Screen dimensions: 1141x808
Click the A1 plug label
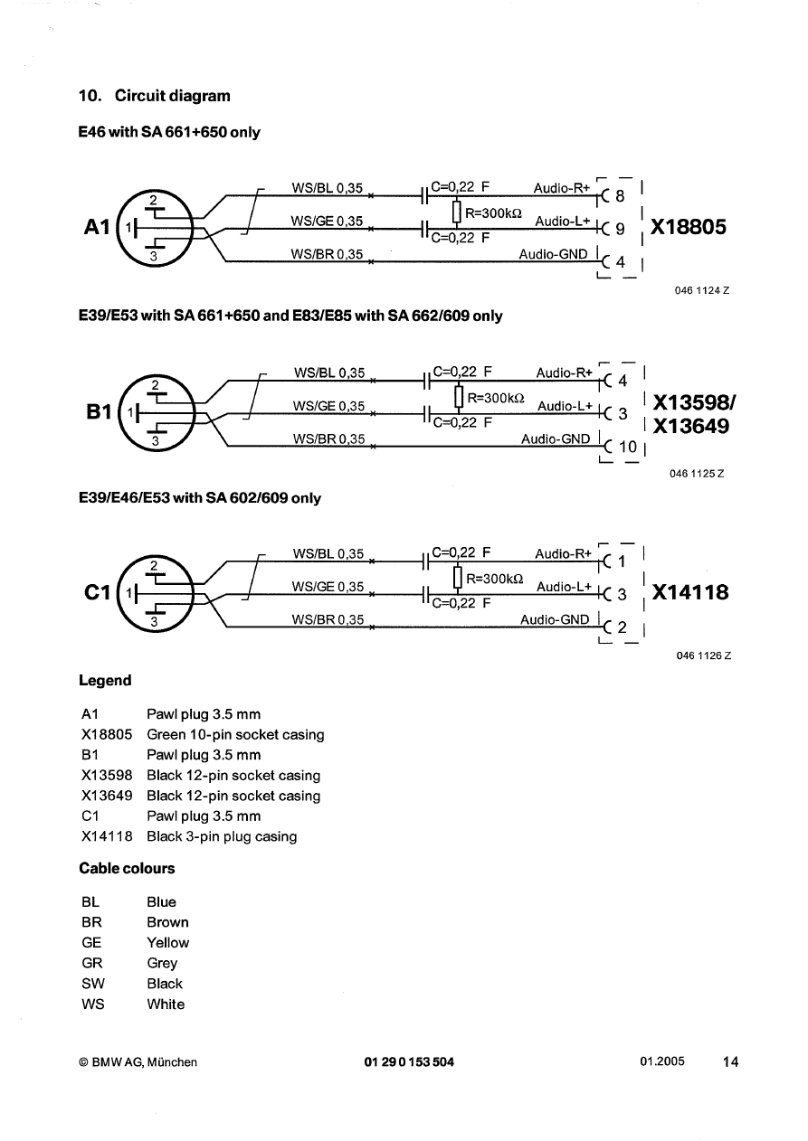[96, 227]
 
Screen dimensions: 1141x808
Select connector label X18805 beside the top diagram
[688, 227]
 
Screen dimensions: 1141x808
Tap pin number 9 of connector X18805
[620, 230]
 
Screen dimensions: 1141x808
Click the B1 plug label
[97, 412]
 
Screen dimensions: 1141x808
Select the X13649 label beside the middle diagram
[691, 426]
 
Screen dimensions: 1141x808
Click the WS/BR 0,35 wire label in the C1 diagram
[328, 619]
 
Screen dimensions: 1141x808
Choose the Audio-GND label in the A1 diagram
[553, 254]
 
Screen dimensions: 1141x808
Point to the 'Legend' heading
[105, 681]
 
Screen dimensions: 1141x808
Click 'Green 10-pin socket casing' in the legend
[234, 735]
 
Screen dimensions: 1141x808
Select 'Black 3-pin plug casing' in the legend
[221, 836]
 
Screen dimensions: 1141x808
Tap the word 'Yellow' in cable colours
[167, 942]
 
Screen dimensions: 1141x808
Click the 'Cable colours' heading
[127, 869]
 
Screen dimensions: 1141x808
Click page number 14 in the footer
[730, 1062]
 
